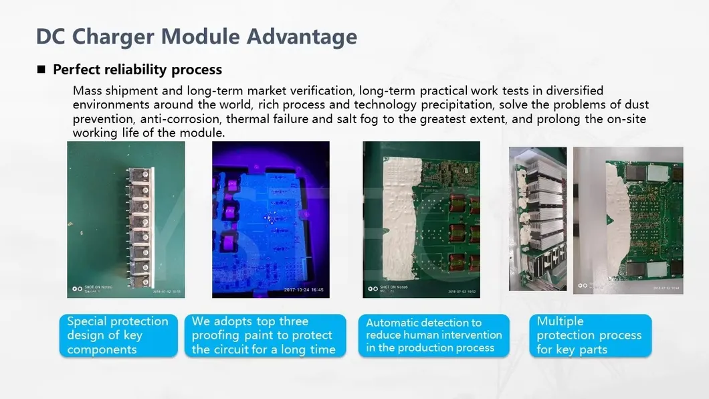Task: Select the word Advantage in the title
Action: (302, 36)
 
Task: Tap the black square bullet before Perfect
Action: (41, 70)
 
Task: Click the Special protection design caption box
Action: (118, 335)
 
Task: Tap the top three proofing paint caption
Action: (264, 335)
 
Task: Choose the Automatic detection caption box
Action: (434, 335)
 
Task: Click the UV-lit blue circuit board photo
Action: (270, 219)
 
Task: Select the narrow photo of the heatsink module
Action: (537, 219)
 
